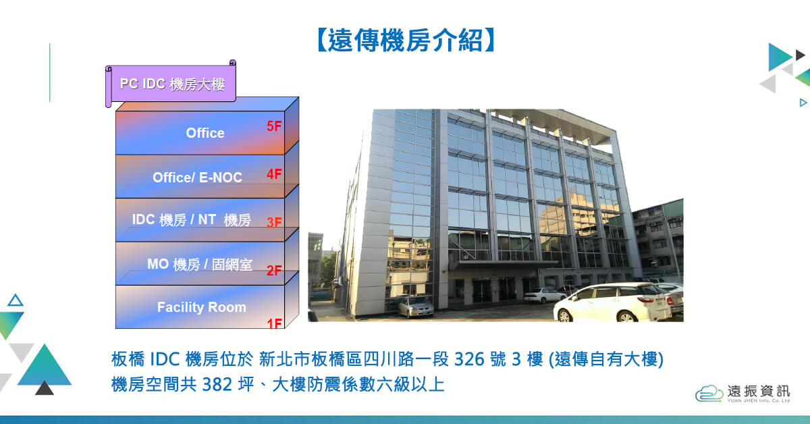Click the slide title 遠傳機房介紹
[406, 40]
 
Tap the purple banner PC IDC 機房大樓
[171, 84]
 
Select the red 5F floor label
[274, 126]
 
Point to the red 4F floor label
[274, 174]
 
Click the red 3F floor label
[274, 222]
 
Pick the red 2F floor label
[274, 270]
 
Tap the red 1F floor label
[274, 323]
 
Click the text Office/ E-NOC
[197, 178]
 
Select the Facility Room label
[201, 307]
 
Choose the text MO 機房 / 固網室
[200, 265]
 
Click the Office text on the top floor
[205, 133]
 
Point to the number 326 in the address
[469, 359]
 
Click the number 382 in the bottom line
[217, 385]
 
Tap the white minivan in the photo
[613, 302]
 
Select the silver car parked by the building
[416, 307]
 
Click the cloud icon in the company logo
[709, 393]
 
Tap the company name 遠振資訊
[759, 391]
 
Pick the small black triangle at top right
[800, 55]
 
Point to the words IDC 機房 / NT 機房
[191, 219]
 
